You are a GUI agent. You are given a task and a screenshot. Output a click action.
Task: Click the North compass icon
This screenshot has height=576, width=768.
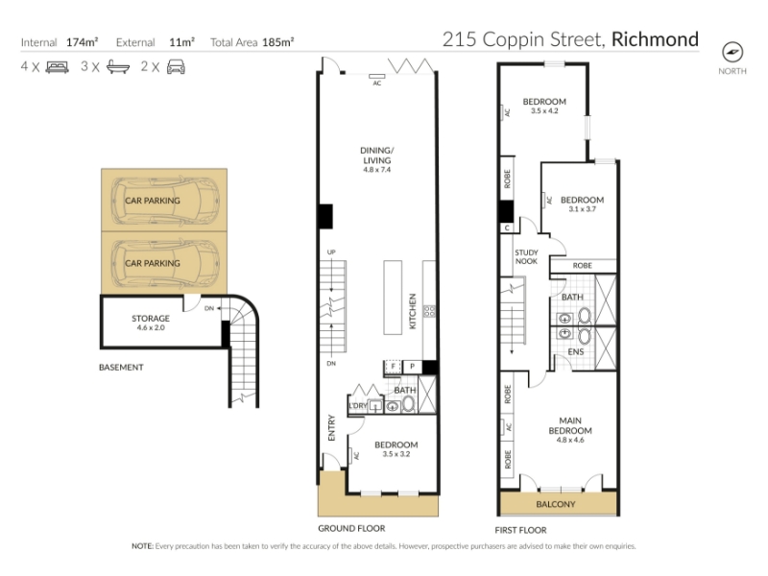click(732, 52)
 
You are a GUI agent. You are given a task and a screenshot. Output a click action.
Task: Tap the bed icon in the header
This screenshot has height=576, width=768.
click(57, 67)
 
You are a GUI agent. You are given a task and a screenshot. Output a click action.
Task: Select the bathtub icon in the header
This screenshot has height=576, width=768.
click(118, 67)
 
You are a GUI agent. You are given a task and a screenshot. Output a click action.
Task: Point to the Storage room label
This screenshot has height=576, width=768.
click(151, 319)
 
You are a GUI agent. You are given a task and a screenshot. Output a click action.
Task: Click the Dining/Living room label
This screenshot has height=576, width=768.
click(376, 156)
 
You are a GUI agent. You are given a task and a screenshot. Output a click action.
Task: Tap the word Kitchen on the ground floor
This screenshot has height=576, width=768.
click(413, 311)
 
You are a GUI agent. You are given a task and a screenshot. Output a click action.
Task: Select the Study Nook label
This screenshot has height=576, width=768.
click(526, 256)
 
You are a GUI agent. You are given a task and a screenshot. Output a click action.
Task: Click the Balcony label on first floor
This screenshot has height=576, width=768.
click(556, 504)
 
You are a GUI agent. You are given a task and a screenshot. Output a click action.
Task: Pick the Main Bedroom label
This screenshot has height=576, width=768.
click(570, 425)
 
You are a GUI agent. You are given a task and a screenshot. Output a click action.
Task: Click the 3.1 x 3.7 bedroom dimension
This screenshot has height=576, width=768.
click(583, 209)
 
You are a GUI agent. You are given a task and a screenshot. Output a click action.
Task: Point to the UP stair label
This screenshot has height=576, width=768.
click(331, 252)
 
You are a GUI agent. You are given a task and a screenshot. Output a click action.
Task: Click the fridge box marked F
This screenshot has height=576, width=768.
click(393, 367)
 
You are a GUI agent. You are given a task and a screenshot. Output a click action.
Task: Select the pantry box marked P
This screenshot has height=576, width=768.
click(412, 367)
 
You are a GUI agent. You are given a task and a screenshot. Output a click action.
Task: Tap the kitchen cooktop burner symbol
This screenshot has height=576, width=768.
click(429, 311)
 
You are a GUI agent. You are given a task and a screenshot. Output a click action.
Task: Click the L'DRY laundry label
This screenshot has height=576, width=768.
click(357, 406)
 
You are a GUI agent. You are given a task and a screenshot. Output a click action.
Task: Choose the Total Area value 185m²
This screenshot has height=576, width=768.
click(277, 42)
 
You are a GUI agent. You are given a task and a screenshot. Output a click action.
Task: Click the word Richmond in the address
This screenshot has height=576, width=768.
click(655, 39)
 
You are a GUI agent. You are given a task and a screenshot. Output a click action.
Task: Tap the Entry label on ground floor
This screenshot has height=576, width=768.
click(331, 427)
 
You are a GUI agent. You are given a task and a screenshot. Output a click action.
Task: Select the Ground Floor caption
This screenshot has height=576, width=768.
click(351, 529)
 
